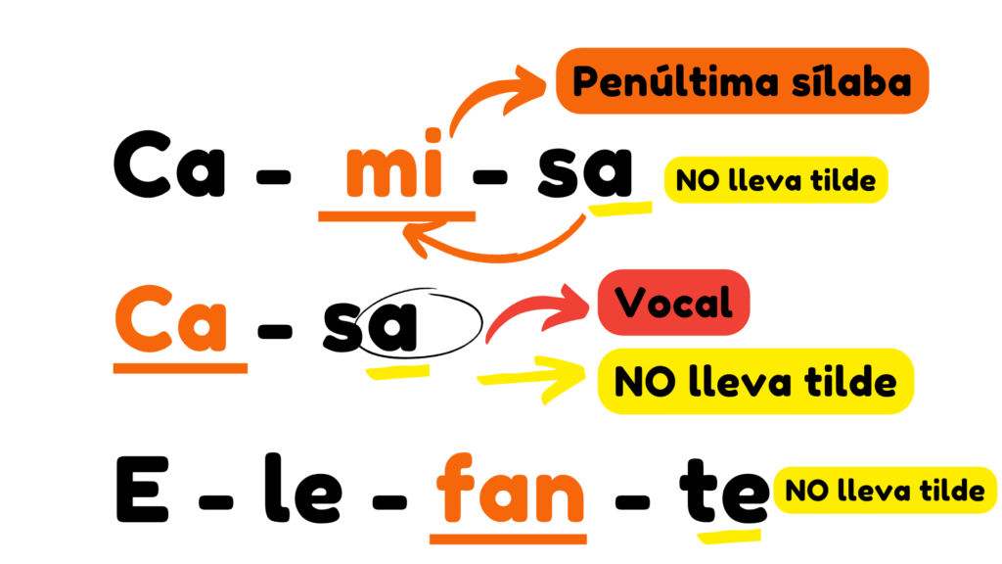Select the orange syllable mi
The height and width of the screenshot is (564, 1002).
point(395,172)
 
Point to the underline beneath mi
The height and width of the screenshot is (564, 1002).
point(396,215)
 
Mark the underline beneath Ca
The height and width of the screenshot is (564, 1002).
point(180,368)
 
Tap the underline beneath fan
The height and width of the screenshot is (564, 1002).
point(508,538)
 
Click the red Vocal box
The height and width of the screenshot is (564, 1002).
point(674,303)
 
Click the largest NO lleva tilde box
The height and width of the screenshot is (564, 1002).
point(755,380)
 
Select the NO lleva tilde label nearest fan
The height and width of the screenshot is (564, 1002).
point(885,490)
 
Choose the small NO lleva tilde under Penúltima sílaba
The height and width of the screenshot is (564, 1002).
point(775,180)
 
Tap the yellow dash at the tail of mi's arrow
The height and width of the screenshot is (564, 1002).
point(620,208)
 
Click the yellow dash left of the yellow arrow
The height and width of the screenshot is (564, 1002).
point(397,371)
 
